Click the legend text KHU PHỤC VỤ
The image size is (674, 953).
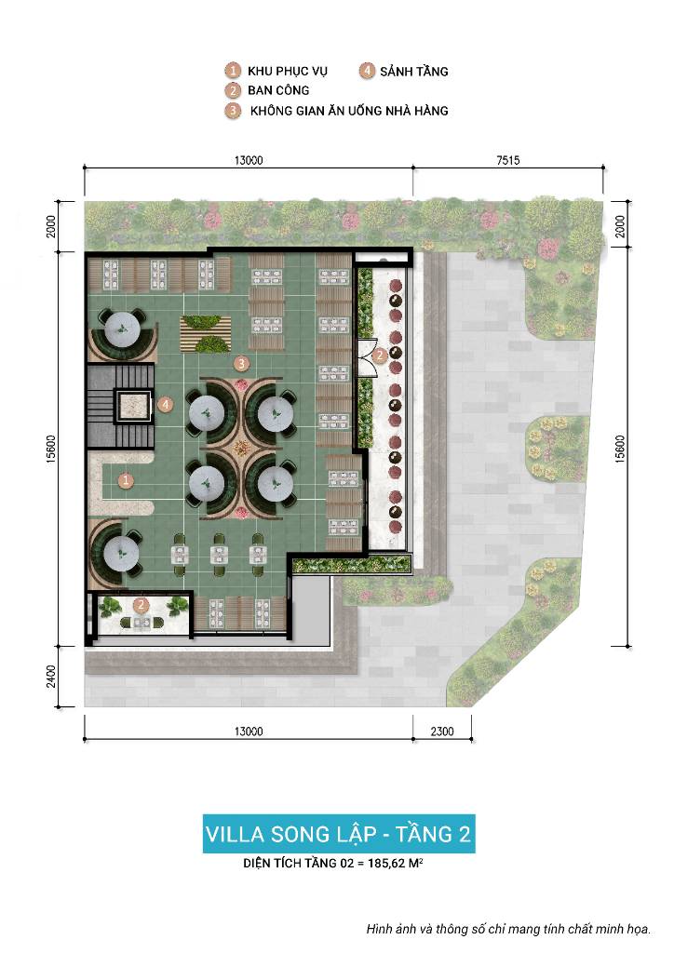click(x=287, y=71)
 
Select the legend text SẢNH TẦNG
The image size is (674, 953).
click(x=414, y=71)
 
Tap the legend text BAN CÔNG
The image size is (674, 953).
click(x=278, y=90)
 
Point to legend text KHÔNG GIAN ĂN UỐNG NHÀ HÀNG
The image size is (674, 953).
click(x=349, y=111)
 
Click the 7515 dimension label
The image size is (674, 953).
click(x=508, y=160)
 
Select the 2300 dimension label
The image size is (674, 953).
click(x=442, y=732)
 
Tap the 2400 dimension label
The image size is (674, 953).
click(x=51, y=677)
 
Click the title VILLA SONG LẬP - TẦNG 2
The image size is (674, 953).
click(x=339, y=834)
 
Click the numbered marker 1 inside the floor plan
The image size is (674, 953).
click(x=126, y=481)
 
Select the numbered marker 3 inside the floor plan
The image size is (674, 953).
click(x=242, y=364)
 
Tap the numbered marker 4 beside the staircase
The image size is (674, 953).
click(x=166, y=404)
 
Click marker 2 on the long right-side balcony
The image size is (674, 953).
click(x=380, y=355)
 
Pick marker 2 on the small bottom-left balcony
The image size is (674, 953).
click(x=141, y=605)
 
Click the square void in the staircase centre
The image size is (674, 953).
click(x=134, y=405)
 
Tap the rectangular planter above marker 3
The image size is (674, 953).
click(x=206, y=334)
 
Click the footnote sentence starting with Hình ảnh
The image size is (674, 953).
click(x=508, y=929)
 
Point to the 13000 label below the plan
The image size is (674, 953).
click(x=249, y=732)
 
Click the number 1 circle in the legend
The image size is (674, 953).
click(x=232, y=71)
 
